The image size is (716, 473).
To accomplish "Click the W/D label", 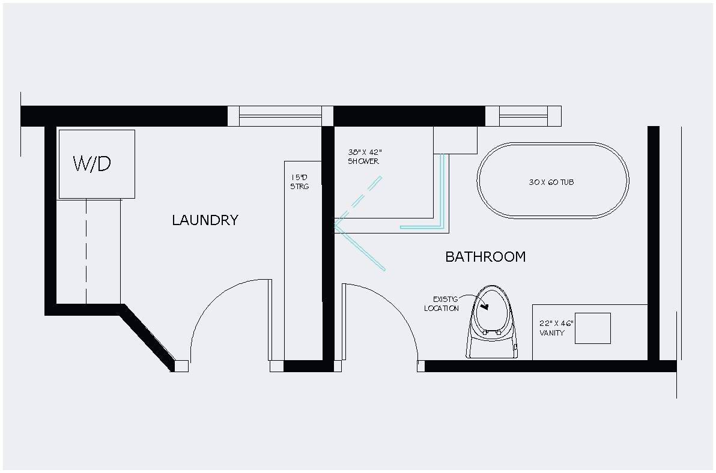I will click(92, 163).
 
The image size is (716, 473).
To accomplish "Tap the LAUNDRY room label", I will click(205, 220).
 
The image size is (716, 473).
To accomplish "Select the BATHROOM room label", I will click(485, 257).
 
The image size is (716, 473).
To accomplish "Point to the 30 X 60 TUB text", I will click(551, 182).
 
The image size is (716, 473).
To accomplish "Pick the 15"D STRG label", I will click(299, 182).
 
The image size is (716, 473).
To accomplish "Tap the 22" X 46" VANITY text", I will click(556, 328).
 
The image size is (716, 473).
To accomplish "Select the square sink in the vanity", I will click(592, 328).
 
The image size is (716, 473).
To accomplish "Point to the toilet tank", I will click(493, 348).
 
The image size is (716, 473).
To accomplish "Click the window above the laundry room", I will click(280, 116).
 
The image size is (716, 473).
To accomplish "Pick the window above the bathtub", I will click(523, 116).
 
